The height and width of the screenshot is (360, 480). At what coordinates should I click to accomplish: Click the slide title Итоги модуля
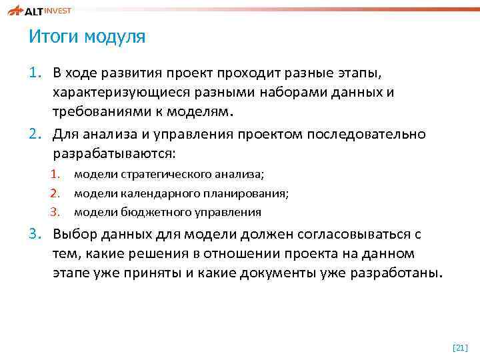click(x=87, y=37)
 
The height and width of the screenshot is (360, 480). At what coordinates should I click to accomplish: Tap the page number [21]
click(x=460, y=348)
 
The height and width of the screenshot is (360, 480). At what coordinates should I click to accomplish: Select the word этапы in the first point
click(x=358, y=72)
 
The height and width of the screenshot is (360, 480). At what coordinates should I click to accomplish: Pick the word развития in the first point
click(x=125, y=72)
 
